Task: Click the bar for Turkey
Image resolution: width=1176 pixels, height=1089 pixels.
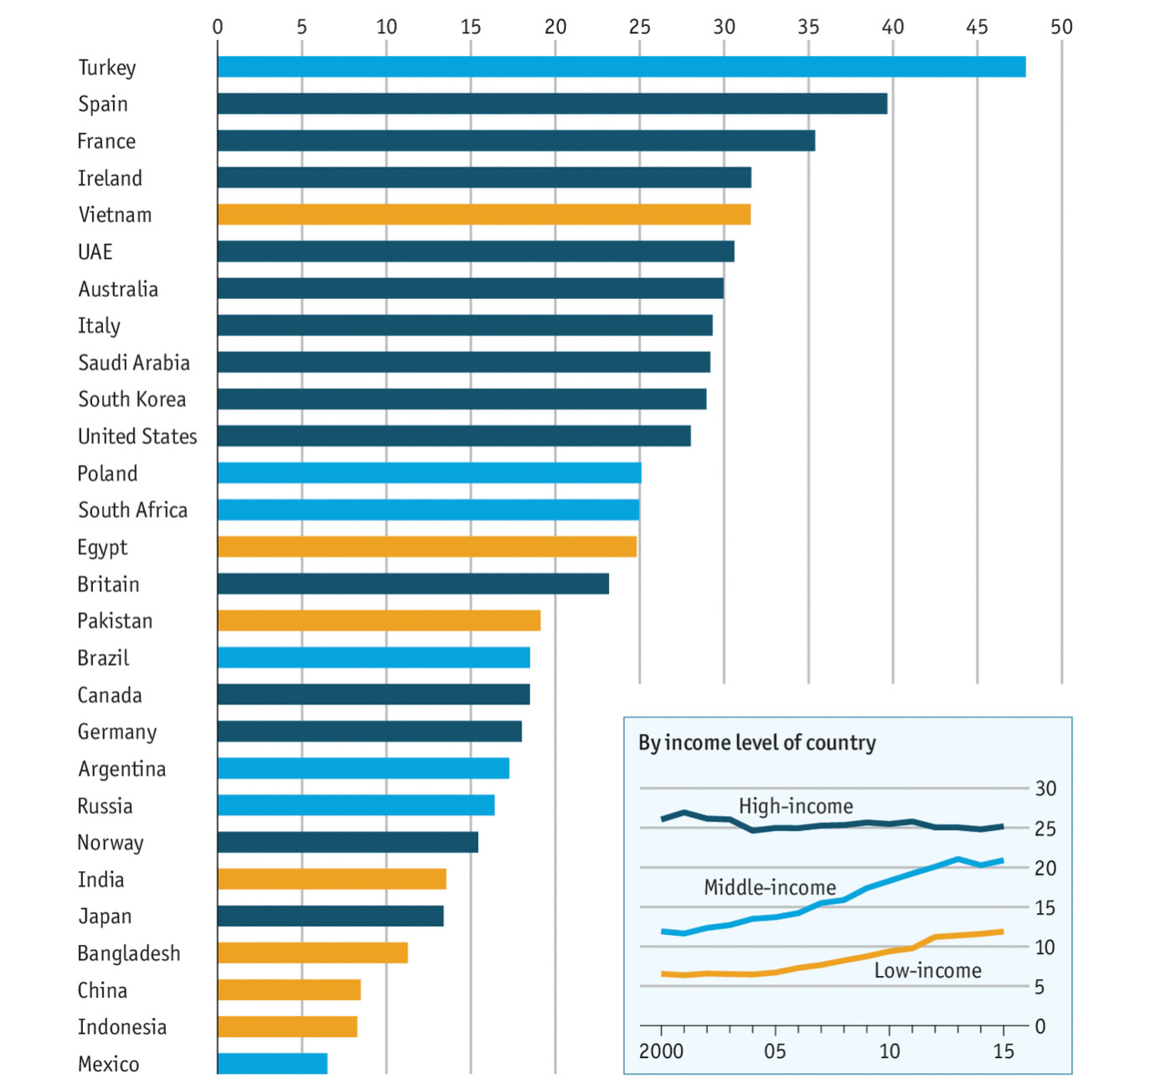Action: click(x=621, y=67)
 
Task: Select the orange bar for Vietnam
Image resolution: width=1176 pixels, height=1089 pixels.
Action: click(x=483, y=214)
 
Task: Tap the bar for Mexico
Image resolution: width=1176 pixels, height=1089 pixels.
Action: click(x=272, y=1064)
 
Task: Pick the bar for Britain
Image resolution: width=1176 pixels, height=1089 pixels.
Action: click(x=413, y=584)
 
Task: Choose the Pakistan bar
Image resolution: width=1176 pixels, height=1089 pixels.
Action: click(x=379, y=621)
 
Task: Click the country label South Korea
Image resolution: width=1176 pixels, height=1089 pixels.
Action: click(x=132, y=400)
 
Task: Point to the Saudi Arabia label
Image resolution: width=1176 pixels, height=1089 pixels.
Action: click(x=133, y=363)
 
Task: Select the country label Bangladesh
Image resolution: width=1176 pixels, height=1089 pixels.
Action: click(x=128, y=953)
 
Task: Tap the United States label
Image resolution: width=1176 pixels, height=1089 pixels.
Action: click(x=137, y=436)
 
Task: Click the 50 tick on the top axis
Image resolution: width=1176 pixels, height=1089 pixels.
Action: click(x=1061, y=27)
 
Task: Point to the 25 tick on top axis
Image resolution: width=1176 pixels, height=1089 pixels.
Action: click(x=640, y=27)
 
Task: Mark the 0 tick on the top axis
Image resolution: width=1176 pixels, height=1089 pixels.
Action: click(x=218, y=27)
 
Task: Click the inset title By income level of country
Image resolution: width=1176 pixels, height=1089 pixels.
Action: click(x=756, y=743)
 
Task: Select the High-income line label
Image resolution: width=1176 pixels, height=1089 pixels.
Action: click(x=796, y=806)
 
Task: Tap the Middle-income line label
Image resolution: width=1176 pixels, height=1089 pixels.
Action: click(x=770, y=887)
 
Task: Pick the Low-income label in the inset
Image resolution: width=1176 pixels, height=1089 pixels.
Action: click(x=927, y=970)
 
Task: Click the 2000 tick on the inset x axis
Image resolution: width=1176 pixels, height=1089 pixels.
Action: click(x=661, y=1051)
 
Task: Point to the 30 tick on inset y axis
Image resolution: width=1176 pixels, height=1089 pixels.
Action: click(x=1045, y=788)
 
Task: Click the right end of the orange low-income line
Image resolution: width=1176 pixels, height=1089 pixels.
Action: click(x=1002, y=932)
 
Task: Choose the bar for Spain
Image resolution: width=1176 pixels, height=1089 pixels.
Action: click(x=552, y=104)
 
